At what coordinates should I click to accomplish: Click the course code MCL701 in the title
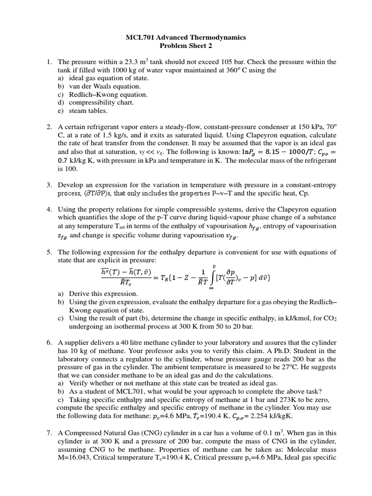point(139,37)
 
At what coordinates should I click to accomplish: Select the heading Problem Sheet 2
point(186,46)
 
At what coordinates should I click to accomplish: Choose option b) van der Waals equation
point(103,86)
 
